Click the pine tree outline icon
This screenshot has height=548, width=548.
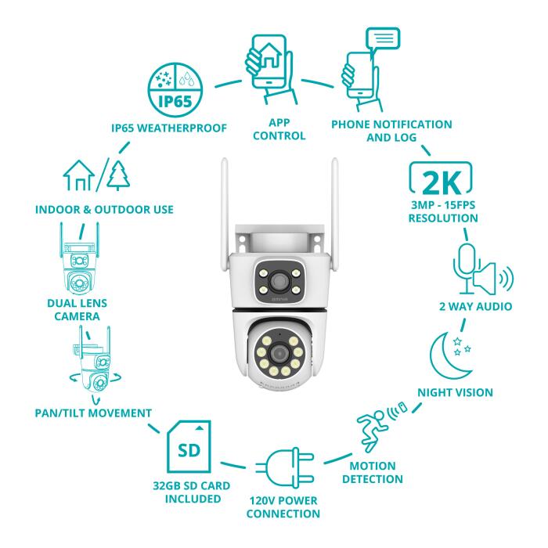coord(117,175)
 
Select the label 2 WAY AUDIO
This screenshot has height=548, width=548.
coord(476,306)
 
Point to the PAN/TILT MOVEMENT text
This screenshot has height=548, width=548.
coord(96,412)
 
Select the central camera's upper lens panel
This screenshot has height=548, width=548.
coord(273,279)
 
